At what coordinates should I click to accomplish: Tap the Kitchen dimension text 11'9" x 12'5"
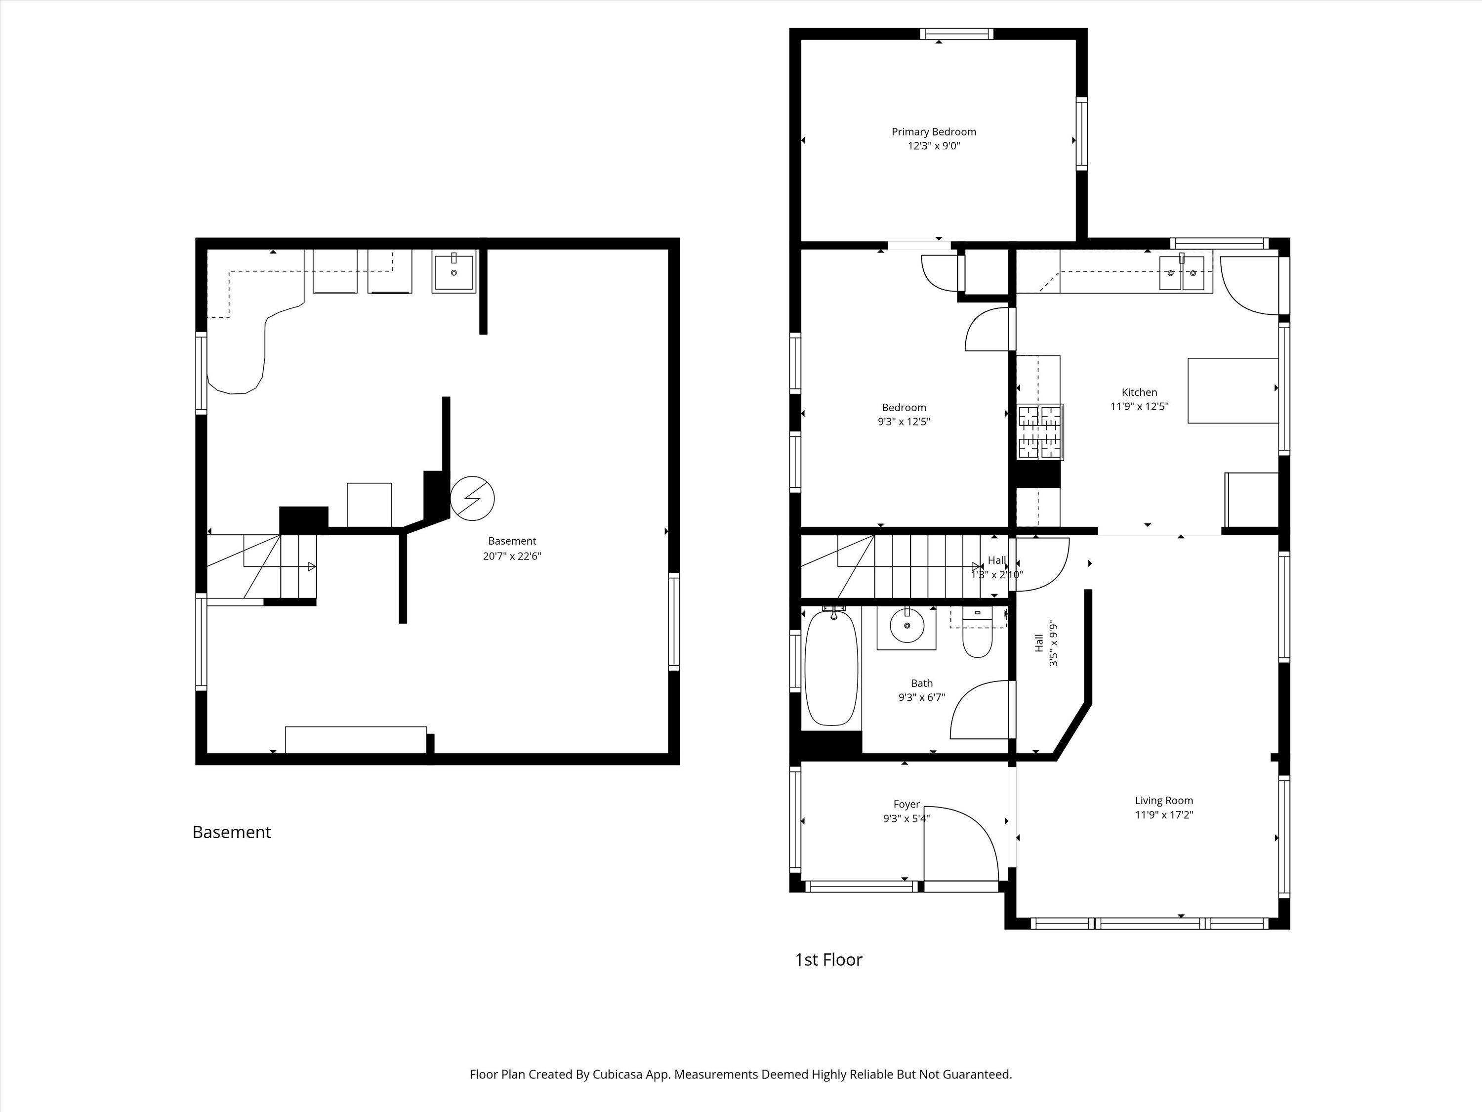(x=1139, y=406)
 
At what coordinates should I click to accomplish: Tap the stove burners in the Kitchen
(x=1040, y=432)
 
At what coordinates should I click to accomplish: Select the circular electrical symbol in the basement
(x=472, y=498)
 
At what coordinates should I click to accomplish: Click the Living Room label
(x=1164, y=800)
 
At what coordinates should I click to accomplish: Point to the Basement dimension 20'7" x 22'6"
(x=512, y=556)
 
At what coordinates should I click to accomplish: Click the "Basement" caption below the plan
(x=231, y=832)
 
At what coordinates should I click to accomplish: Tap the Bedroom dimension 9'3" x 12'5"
(x=904, y=422)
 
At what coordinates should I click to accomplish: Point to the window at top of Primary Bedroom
(x=956, y=34)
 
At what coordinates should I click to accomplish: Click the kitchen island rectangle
(x=1232, y=390)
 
